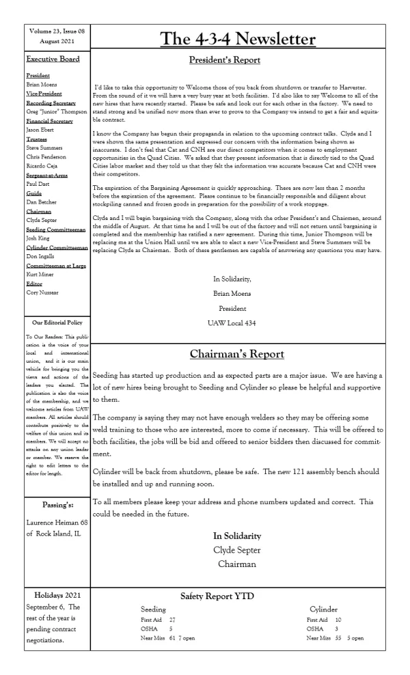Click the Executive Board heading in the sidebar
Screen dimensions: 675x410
pyautogui.click(x=52, y=59)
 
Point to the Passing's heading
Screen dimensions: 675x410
pyautogui.click(x=56, y=523)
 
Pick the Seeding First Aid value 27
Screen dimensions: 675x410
pyautogui.click(x=173, y=618)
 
